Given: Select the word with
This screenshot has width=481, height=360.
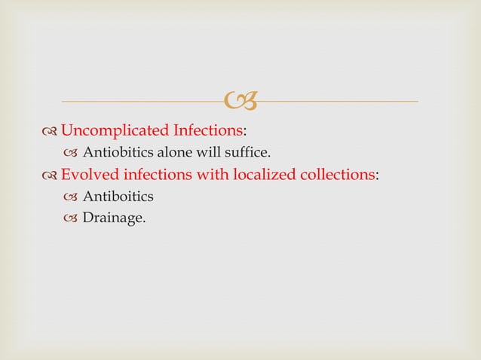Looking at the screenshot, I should click(213, 175).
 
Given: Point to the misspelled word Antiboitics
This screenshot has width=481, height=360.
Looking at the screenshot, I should click(117, 197).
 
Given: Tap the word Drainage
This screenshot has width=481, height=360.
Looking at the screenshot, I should click(114, 219).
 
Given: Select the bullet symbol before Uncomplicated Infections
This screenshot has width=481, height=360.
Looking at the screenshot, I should click(50, 133).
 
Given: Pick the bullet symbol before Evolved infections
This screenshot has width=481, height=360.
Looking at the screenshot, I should click(50, 176).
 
